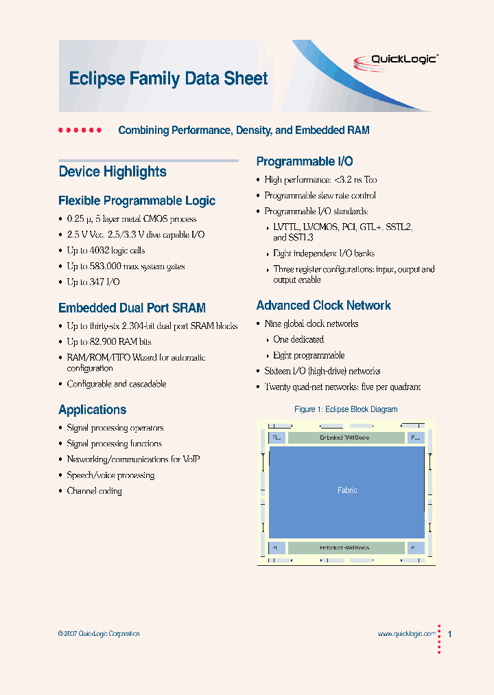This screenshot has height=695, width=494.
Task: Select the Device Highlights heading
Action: point(113,172)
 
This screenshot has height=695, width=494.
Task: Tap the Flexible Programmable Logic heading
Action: point(137,201)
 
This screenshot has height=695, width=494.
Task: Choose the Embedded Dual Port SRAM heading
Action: point(132,308)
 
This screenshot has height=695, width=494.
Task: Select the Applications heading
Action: point(92,410)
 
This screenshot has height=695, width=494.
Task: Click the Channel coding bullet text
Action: point(94,491)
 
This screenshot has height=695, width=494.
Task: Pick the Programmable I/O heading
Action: point(305,161)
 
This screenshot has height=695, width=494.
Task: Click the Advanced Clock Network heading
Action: point(323,306)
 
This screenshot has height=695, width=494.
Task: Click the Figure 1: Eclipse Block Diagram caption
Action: point(346,409)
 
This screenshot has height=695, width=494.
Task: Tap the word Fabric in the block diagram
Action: point(347,490)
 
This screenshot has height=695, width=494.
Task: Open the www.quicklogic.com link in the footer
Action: point(407,634)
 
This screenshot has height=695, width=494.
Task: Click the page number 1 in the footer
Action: point(449,634)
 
